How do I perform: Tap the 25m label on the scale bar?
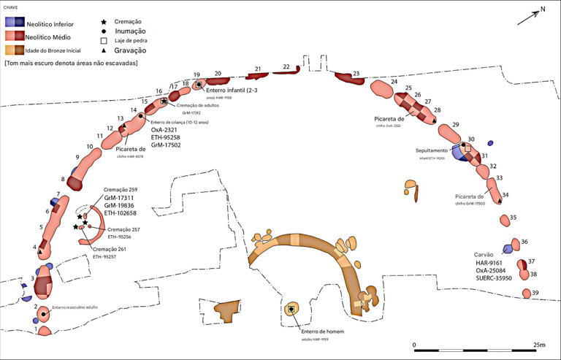pyautogui.click(x=539, y=344)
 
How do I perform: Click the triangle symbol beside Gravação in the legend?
pyautogui.click(x=106, y=50)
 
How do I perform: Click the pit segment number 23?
pyautogui.click(x=355, y=74)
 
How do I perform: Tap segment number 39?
pyautogui.click(x=535, y=292)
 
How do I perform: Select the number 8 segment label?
pyautogui.click(x=64, y=179)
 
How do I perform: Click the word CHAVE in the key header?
pyautogui.click(x=12, y=6)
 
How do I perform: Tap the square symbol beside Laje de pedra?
pyautogui.click(x=106, y=41)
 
